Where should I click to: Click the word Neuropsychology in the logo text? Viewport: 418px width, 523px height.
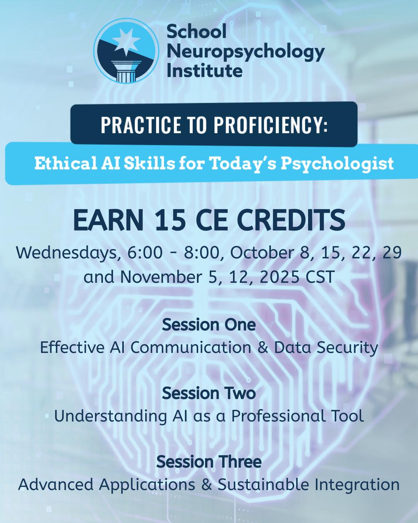[x=245, y=52]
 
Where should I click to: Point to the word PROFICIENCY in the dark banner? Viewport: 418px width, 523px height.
[x=270, y=125]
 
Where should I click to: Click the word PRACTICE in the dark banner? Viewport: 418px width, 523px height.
[x=141, y=125]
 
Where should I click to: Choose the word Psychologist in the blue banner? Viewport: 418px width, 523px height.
[x=337, y=164]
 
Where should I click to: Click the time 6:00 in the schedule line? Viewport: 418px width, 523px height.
[x=145, y=253]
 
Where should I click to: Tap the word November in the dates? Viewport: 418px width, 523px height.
[x=161, y=277]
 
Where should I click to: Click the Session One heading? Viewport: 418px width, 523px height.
[x=209, y=325]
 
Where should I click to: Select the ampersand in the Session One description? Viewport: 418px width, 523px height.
[x=263, y=348]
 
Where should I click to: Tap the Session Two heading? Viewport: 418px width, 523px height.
[x=209, y=393]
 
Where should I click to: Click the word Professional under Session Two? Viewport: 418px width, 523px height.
[x=278, y=416]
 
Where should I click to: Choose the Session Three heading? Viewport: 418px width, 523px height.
[x=209, y=461]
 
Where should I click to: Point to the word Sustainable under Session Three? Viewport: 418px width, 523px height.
[x=263, y=484]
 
